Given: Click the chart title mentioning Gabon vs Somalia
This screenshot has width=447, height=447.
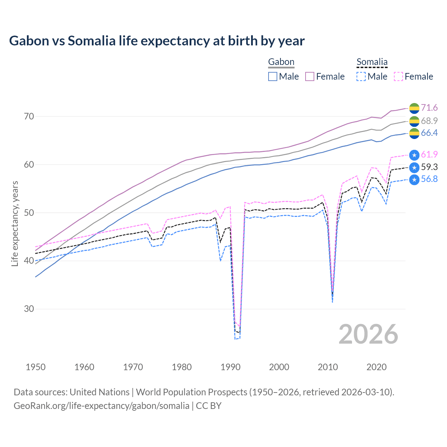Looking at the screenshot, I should (157, 41).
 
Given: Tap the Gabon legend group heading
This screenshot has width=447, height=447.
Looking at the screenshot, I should (281, 62).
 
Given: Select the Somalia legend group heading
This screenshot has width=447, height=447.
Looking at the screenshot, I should (372, 62).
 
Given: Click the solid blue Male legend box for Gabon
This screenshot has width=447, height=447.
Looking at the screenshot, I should (273, 76).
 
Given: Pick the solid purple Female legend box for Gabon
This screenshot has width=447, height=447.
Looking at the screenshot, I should (310, 76).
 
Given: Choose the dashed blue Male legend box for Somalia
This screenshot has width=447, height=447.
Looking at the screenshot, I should (361, 76).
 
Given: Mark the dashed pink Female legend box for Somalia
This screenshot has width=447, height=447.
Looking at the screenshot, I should (398, 76).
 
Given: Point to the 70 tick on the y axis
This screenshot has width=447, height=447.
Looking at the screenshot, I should (29, 116).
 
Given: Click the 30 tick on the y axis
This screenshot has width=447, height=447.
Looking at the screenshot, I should (29, 309).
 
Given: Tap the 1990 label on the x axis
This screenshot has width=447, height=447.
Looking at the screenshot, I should (230, 367).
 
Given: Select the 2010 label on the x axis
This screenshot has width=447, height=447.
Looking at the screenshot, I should (328, 367).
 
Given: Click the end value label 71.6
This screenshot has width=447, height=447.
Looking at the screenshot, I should (429, 108).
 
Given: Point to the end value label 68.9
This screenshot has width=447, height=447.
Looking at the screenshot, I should (429, 121).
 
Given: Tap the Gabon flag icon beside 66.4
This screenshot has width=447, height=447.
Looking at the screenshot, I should (414, 133).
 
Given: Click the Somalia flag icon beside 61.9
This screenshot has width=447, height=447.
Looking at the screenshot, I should (414, 155).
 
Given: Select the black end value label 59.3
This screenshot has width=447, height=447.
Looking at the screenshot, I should (429, 167).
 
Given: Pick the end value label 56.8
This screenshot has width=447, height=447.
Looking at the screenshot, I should (429, 179).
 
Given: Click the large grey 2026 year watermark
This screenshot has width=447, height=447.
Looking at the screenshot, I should (368, 334).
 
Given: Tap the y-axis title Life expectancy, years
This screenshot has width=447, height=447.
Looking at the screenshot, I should (15, 223).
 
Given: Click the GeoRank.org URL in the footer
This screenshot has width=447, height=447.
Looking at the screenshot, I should (101, 406).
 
